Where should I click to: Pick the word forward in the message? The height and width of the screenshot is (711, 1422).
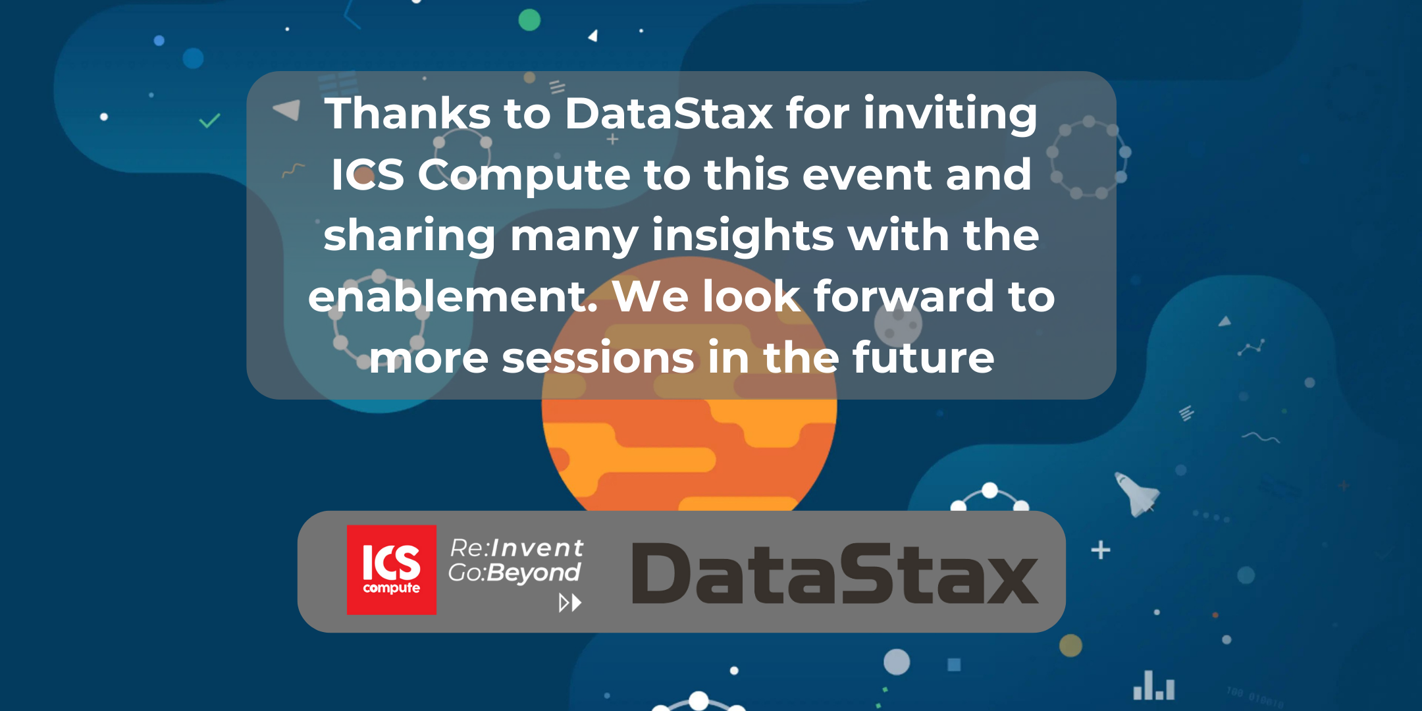904,296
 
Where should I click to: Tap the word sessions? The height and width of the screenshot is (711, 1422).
598,358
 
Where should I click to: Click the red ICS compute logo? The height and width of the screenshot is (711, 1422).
392,570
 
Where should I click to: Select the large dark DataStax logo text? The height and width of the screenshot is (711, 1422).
835,573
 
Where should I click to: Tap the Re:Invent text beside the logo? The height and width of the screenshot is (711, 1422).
516,548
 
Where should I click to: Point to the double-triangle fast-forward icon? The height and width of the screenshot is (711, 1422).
570,602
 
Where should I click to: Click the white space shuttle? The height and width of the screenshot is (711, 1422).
1136,494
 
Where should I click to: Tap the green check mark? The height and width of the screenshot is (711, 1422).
209,121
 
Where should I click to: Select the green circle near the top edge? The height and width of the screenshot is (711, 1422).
529,20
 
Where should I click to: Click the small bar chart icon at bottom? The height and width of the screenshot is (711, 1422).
1153,686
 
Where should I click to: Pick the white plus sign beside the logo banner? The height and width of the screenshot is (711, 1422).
1101,550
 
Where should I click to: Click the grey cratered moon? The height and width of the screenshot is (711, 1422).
898,323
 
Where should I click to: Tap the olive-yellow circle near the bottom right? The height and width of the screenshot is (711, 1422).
1070,645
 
